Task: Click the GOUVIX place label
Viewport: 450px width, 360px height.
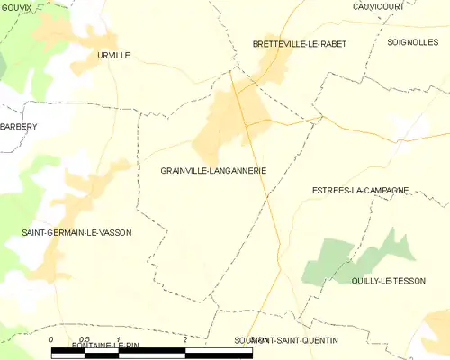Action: click(x=16, y=7)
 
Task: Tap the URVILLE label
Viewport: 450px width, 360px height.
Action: click(x=114, y=55)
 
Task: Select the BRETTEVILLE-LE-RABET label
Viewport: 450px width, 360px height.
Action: click(x=300, y=43)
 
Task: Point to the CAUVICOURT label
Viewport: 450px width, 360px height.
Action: click(x=377, y=6)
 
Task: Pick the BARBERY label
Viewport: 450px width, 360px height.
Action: click(x=18, y=127)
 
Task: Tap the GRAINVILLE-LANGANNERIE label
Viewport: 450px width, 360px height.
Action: click(x=213, y=170)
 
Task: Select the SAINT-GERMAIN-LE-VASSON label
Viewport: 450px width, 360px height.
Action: click(x=76, y=232)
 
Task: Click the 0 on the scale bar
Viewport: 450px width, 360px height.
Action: click(x=51, y=339)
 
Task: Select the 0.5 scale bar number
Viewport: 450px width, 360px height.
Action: click(x=84, y=339)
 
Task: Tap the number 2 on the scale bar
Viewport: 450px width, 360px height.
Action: click(x=184, y=339)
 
